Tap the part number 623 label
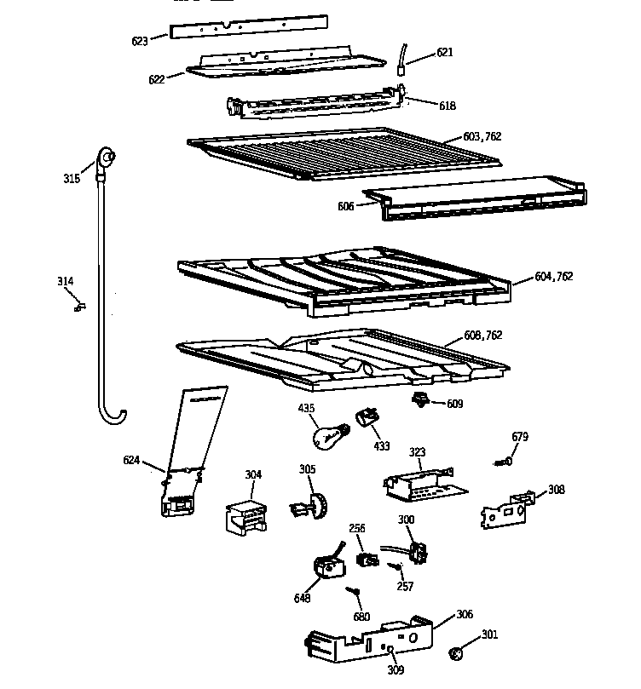(x=139, y=41)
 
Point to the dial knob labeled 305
(x=313, y=506)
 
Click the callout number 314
(x=65, y=282)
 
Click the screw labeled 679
(x=504, y=462)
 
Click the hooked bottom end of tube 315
(x=111, y=416)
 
